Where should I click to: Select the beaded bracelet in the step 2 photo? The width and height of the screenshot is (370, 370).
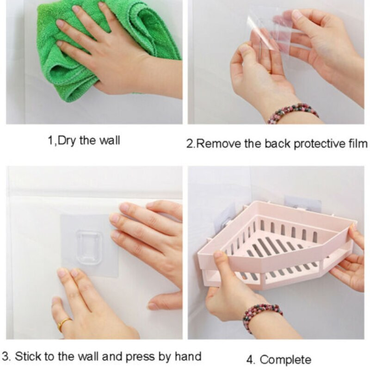point(293,113)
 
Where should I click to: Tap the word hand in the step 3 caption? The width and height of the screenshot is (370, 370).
point(188,356)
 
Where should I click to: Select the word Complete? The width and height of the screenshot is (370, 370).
point(285,360)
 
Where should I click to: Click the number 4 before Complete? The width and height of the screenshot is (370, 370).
point(250,360)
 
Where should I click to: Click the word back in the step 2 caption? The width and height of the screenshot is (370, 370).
point(277,143)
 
